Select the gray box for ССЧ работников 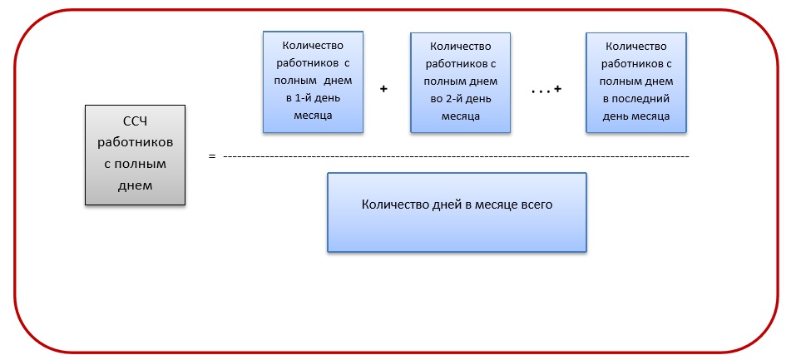[136, 155]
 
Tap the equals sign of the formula [212, 155]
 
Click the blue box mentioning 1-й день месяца [313, 81]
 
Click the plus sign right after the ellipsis [556, 88]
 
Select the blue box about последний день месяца [636, 81]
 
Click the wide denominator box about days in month [457, 211]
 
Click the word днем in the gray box [136, 185]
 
